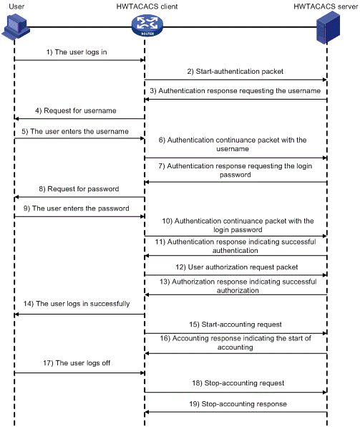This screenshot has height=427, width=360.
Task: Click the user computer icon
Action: tap(16, 27)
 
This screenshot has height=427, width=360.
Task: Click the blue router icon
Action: tap(147, 26)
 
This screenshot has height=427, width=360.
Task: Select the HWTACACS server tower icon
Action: tap(329, 28)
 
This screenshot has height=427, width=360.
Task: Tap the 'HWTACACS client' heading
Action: tap(147, 6)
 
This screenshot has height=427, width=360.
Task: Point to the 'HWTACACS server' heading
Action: tap(326, 6)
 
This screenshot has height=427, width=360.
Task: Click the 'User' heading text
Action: tap(16, 6)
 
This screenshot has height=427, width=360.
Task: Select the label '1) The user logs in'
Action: tap(77, 52)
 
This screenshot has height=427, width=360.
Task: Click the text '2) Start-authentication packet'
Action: tap(235, 72)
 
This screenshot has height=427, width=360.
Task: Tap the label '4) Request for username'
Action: tap(76, 110)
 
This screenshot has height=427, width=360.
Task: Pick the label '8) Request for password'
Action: tap(79, 188)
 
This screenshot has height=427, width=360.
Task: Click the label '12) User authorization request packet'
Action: tap(237, 267)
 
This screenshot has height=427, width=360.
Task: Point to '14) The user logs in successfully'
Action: tap(77, 304)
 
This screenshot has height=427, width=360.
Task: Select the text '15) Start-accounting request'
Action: tap(235, 325)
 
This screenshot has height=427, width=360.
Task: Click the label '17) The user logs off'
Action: tap(77, 363)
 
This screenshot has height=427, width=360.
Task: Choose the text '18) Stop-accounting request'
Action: tap(238, 383)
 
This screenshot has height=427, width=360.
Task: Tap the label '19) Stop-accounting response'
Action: tap(238, 404)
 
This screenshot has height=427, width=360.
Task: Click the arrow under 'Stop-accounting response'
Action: tap(235, 412)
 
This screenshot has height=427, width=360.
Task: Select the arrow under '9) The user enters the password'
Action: tap(79, 216)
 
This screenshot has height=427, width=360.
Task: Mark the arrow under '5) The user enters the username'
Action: tap(79, 138)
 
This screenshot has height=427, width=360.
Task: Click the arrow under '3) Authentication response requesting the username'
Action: tap(235, 100)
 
